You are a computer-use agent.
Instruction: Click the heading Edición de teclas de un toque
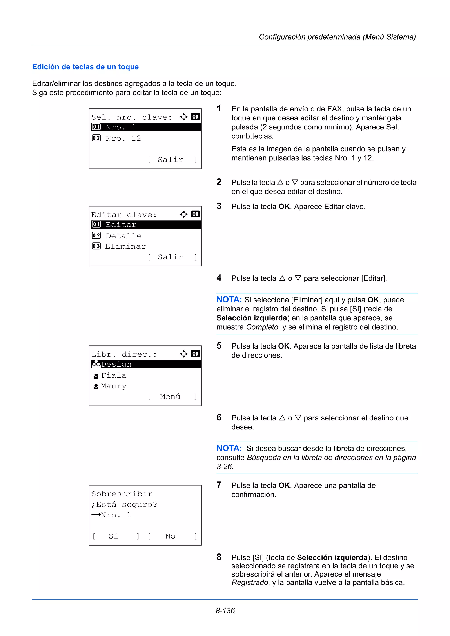click(85, 67)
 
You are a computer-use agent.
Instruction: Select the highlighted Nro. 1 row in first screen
click(145, 127)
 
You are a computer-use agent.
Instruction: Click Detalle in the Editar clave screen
click(123, 236)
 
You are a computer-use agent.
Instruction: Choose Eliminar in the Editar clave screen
click(125, 246)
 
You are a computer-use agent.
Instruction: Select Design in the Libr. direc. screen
click(116, 364)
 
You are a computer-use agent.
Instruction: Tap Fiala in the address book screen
click(113, 375)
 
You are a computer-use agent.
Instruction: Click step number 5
click(219, 346)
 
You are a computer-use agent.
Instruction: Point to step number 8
click(219, 557)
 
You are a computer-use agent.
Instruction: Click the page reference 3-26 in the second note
click(224, 467)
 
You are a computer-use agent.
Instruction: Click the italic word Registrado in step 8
click(250, 582)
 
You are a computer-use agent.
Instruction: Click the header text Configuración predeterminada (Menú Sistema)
click(337, 37)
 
